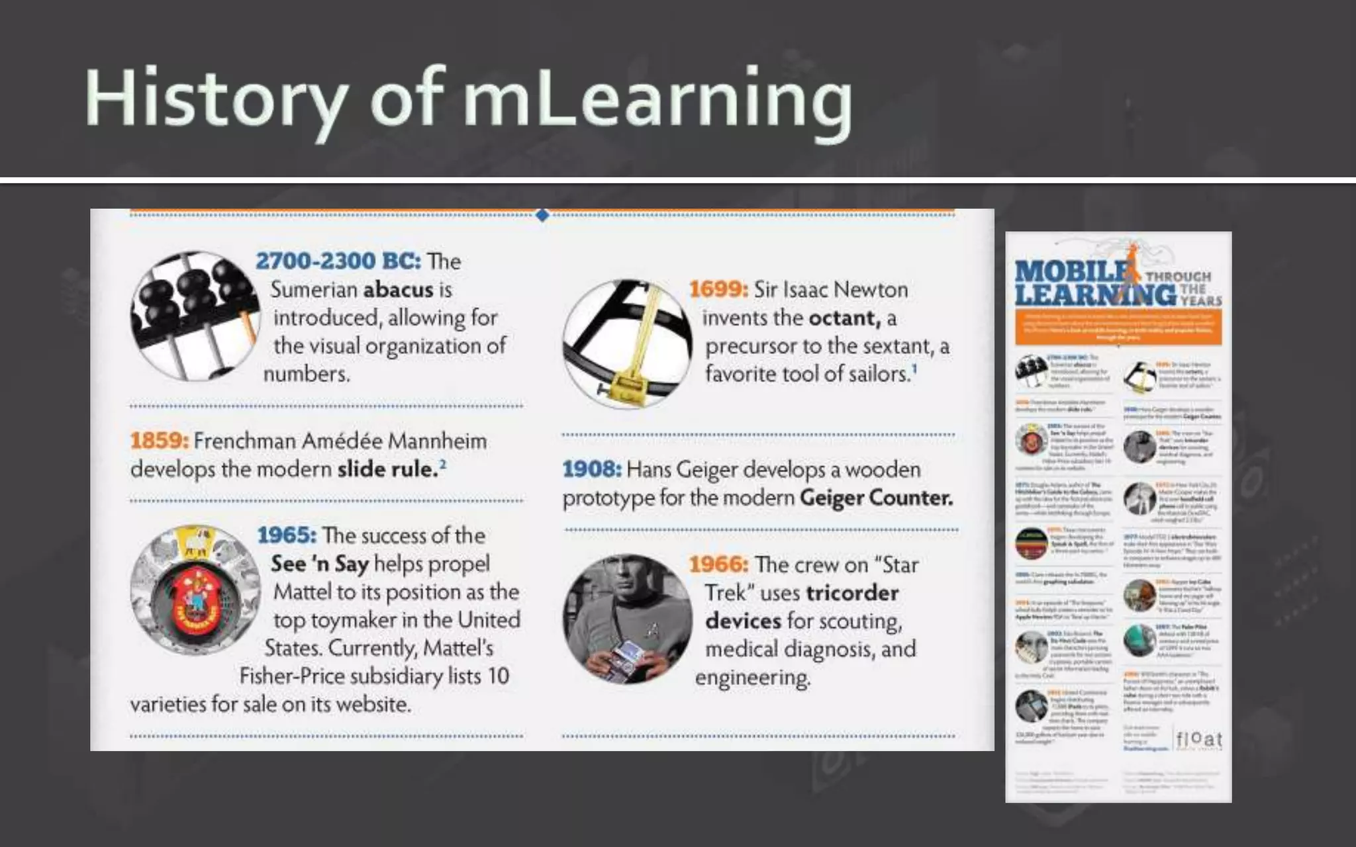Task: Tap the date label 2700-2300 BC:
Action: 338,261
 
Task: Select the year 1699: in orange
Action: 718,289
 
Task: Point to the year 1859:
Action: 159,441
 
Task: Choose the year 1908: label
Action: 592,469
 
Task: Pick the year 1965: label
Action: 287,535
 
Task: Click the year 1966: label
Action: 718,564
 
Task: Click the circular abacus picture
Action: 195,316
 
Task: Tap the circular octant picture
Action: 627,344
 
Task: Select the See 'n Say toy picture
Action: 195,590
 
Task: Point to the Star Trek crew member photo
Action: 627,619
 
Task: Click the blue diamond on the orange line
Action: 542,215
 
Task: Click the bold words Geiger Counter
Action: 876,498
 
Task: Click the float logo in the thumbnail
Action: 1199,739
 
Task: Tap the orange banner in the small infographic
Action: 1118,327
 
